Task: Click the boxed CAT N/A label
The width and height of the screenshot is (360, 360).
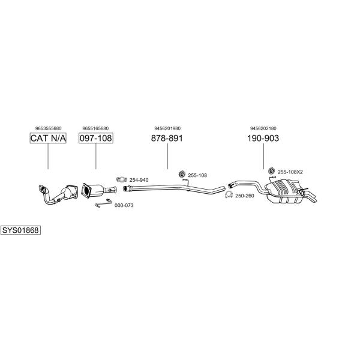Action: pyautogui.click(x=48, y=138)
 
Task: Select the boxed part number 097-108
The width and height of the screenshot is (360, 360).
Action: pyautogui.click(x=96, y=138)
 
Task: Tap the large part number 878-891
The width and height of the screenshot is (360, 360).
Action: pyautogui.click(x=167, y=138)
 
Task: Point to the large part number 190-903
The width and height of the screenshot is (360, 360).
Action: pyautogui.click(x=263, y=138)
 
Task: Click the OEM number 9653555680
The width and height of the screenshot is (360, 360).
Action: pyautogui.click(x=49, y=128)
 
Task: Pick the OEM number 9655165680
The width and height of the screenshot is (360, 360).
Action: pyautogui.click(x=95, y=128)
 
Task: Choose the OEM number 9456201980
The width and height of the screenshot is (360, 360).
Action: pyautogui.click(x=167, y=128)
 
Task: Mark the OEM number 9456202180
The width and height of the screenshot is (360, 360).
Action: pyautogui.click(x=263, y=128)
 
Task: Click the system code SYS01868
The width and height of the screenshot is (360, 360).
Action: pyautogui.click(x=20, y=230)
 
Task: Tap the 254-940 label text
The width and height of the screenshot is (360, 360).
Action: pyautogui.click(x=139, y=180)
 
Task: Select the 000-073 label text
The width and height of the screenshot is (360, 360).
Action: pyautogui.click(x=124, y=205)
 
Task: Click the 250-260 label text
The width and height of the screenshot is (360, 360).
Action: pyautogui.click(x=245, y=196)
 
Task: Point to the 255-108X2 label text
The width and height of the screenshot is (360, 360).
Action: pyautogui.click(x=290, y=172)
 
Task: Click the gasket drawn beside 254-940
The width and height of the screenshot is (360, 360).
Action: pyautogui.click(x=122, y=179)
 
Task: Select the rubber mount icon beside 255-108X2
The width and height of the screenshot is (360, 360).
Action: pyautogui.click(x=272, y=170)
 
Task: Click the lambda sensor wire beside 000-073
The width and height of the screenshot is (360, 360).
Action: pyautogui.click(x=104, y=203)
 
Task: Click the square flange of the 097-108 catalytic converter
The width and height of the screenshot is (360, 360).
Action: pyautogui.click(x=86, y=191)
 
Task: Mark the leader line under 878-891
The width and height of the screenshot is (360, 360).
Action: pyautogui.click(x=167, y=156)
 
